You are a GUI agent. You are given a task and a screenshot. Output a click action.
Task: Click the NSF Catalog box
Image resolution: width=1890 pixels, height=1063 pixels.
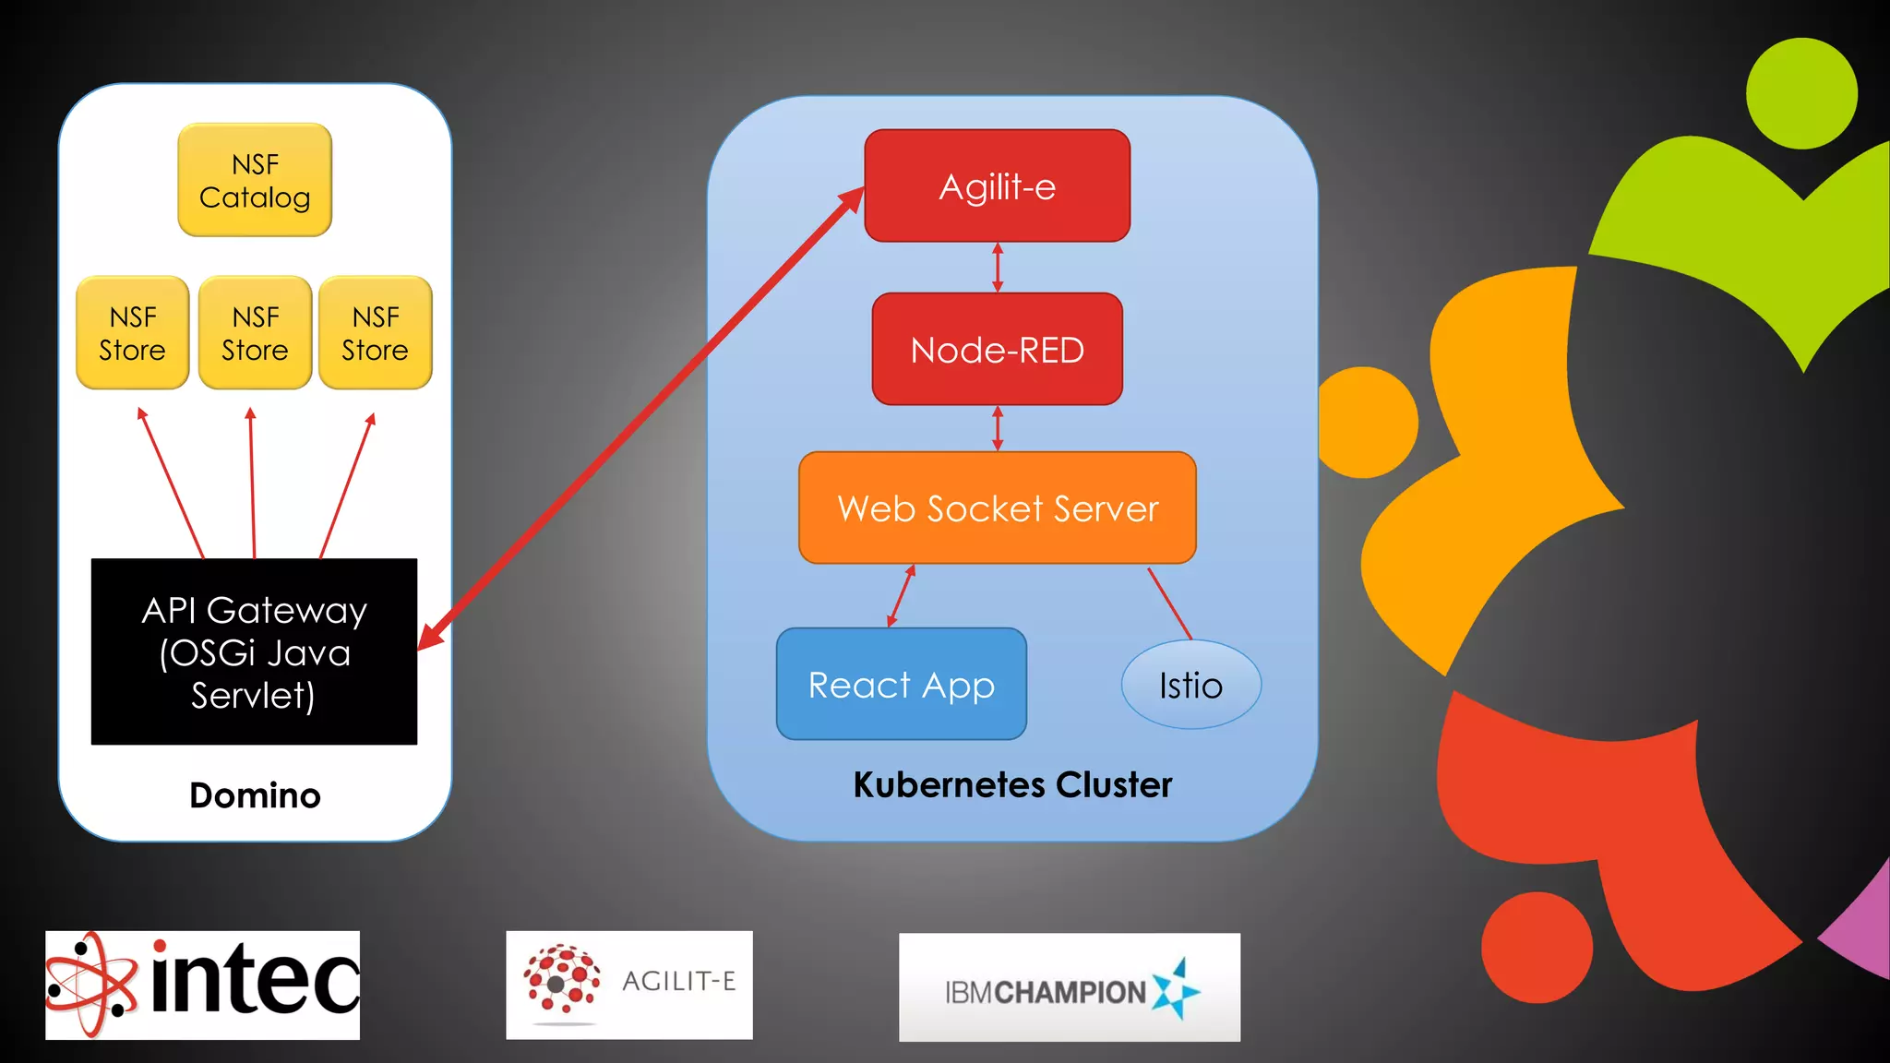255,180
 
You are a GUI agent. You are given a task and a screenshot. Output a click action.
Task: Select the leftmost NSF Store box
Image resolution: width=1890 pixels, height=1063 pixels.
133,333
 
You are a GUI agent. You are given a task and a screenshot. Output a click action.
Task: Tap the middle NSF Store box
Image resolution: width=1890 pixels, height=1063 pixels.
255,333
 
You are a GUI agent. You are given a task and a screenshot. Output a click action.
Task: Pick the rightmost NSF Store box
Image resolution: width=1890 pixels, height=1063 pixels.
376,333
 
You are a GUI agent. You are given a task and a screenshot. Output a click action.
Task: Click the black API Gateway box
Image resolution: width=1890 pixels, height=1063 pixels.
254,651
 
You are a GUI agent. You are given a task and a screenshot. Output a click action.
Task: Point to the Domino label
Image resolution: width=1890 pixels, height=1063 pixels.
255,795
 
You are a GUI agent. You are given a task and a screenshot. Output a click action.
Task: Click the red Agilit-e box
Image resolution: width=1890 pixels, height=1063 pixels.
997,186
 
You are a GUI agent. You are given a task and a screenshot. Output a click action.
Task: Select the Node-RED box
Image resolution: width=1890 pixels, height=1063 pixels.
997,350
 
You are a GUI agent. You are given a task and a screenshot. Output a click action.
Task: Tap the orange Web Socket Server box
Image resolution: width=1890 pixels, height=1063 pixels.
997,508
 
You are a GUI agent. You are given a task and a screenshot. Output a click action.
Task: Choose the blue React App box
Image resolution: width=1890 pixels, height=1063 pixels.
901,685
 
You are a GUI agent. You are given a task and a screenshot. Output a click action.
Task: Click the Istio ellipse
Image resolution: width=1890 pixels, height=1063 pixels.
1190,686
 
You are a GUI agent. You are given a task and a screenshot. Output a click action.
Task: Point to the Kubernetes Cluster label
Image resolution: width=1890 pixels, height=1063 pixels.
1012,784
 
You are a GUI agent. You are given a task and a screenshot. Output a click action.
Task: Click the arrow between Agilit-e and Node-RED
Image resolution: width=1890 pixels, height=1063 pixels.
998,268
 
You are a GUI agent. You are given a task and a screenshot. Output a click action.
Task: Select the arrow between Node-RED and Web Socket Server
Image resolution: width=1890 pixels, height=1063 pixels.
998,429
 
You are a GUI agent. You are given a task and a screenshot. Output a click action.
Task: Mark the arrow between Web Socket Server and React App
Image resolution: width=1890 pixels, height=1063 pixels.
901,596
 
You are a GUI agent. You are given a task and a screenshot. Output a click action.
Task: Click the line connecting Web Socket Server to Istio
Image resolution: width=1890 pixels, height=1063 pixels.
1170,604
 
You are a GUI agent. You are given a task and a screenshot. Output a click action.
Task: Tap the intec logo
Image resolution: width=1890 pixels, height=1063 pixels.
203,985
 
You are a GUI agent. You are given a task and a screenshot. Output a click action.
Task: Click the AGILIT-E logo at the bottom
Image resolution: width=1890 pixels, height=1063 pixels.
629,985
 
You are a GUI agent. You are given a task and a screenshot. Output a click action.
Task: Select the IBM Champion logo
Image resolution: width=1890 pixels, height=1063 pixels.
1070,987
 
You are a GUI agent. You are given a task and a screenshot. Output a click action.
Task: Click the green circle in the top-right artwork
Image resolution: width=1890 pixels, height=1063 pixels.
1801,93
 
